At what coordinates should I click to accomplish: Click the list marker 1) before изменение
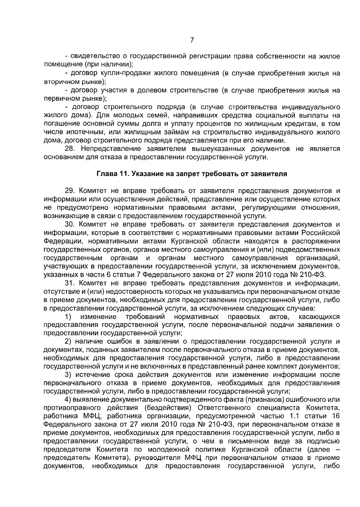(68, 317)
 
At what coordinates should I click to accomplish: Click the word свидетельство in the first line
(94, 56)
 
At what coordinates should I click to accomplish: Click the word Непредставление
(109, 149)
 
